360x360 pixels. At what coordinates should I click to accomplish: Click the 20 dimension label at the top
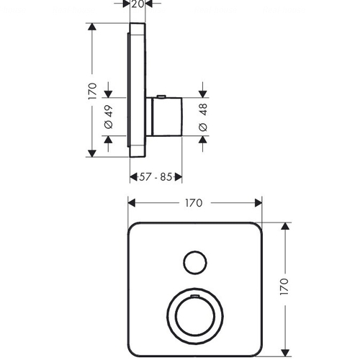138,4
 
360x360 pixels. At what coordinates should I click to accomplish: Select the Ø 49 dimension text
109,117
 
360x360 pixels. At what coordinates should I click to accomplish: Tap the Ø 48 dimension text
203,117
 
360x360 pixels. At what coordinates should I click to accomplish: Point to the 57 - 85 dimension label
156,177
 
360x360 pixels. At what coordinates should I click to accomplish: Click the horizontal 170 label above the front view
194,203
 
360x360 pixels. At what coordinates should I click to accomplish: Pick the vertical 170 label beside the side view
92,91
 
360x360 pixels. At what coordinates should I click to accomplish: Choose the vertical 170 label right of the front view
284,287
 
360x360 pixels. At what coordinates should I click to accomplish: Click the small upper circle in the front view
195,263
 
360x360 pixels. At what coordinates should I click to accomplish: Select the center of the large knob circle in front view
195,315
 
